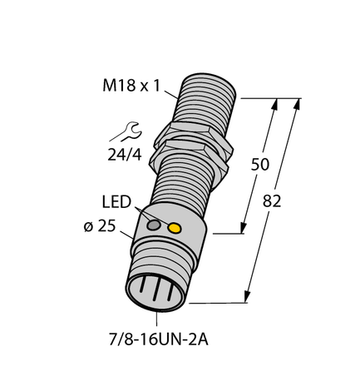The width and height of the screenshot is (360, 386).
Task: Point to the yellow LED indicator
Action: click(x=175, y=228)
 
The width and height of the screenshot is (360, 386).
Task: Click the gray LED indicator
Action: click(x=154, y=225)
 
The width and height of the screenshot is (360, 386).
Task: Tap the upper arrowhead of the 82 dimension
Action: click(x=296, y=104)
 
